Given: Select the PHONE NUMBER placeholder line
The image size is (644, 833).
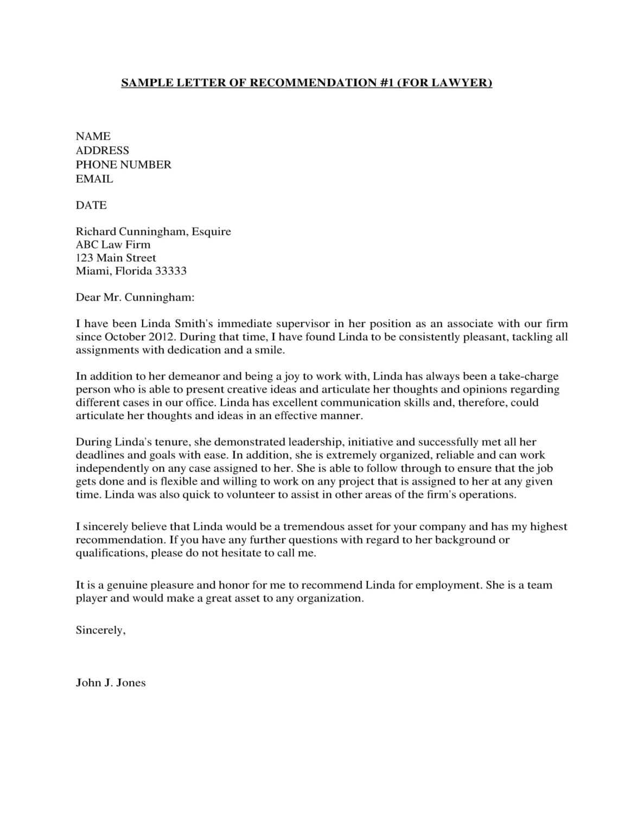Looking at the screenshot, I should (123, 165).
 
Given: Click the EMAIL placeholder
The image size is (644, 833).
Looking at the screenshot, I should (94, 179).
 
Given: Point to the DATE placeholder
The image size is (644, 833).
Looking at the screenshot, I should (91, 206).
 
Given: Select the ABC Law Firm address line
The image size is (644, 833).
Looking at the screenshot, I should (113, 245).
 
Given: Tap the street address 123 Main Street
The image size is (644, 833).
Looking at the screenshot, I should (116, 258).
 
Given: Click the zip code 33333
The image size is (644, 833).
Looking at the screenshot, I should (170, 271).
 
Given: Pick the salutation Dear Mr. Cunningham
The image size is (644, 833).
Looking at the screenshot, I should (135, 298).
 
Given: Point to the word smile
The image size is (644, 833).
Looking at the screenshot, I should (270, 350).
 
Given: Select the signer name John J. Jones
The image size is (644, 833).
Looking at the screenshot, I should (111, 683).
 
